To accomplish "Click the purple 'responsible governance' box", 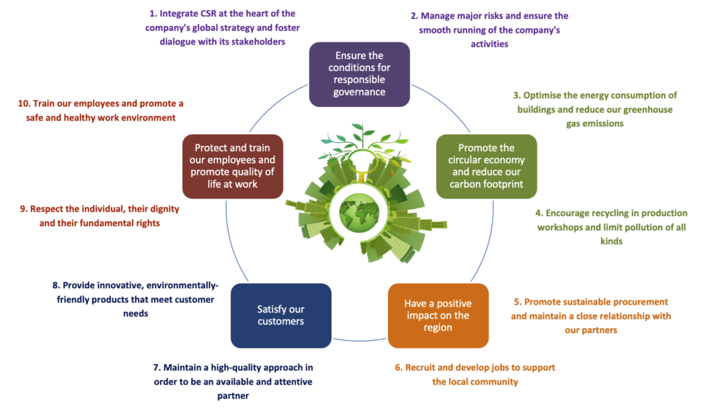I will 359,74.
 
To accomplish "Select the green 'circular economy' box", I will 486,166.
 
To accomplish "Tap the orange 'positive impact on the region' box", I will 437,316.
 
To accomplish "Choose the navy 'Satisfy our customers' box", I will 281,316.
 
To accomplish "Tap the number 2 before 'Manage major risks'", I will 413,16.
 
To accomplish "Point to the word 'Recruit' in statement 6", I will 424,368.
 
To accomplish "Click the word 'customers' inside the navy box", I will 281,322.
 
